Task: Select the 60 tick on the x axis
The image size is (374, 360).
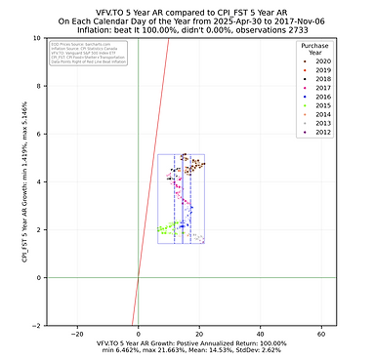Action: [321, 333]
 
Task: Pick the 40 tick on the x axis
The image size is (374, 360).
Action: [261, 333]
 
